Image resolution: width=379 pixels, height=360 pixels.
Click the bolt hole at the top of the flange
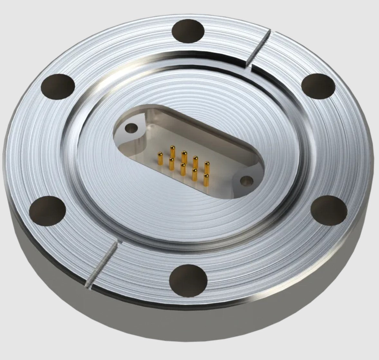pyautogui.click(x=188, y=32)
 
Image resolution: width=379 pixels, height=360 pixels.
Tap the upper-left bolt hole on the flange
pyautogui.click(x=58, y=86)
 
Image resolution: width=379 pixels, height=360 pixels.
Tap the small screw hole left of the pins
pyautogui.click(x=131, y=129)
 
